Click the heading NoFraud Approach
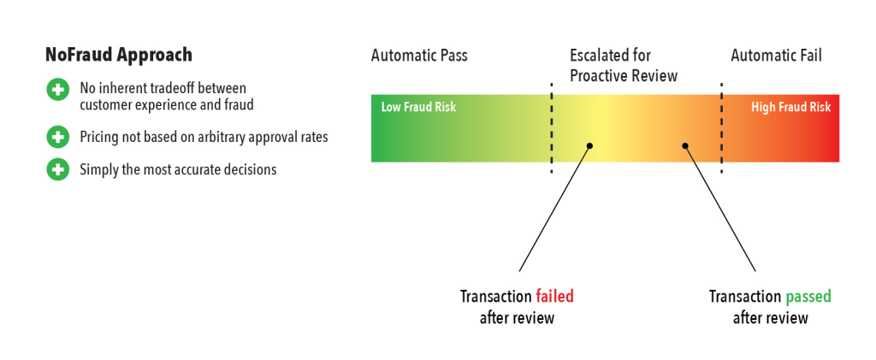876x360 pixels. (x=118, y=56)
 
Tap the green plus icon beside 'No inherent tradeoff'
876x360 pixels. (x=57, y=89)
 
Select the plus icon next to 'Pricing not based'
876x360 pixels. (x=57, y=137)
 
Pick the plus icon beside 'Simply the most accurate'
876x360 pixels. (x=57, y=169)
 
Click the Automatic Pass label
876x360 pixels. (x=419, y=56)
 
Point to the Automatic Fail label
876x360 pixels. (x=776, y=56)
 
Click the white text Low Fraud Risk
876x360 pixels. (x=418, y=107)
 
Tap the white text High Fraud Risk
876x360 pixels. (x=790, y=107)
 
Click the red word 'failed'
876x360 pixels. (x=554, y=296)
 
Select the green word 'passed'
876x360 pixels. (x=808, y=296)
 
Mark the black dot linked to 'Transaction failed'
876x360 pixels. (x=589, y=145)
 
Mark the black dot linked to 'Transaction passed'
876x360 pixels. (x=685, y=145)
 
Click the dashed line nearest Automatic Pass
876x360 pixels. (x=552, y=127)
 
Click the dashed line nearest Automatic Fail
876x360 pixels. (x=721, y=127)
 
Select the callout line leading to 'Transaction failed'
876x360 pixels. (x=554, y=209)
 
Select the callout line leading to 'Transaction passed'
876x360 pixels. (x=720, y=209)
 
